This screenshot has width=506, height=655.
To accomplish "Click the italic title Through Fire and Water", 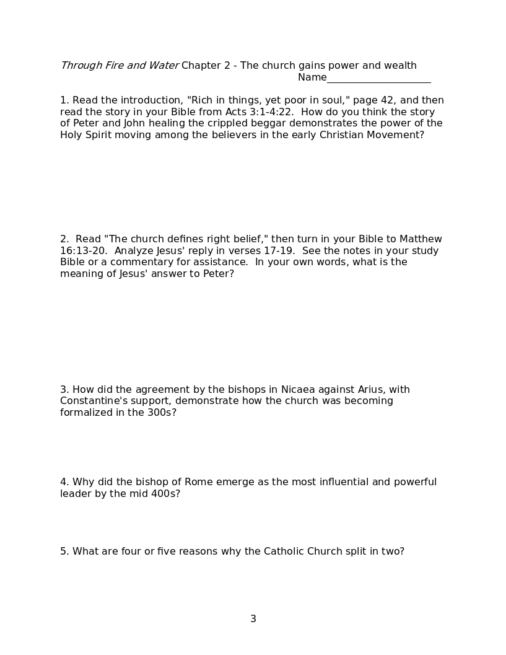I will tap(120, 66).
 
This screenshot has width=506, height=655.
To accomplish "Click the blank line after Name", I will tap(378, 79).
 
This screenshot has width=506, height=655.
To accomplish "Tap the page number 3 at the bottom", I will tap(253, 618).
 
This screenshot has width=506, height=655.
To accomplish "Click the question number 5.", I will tap(64, 552).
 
